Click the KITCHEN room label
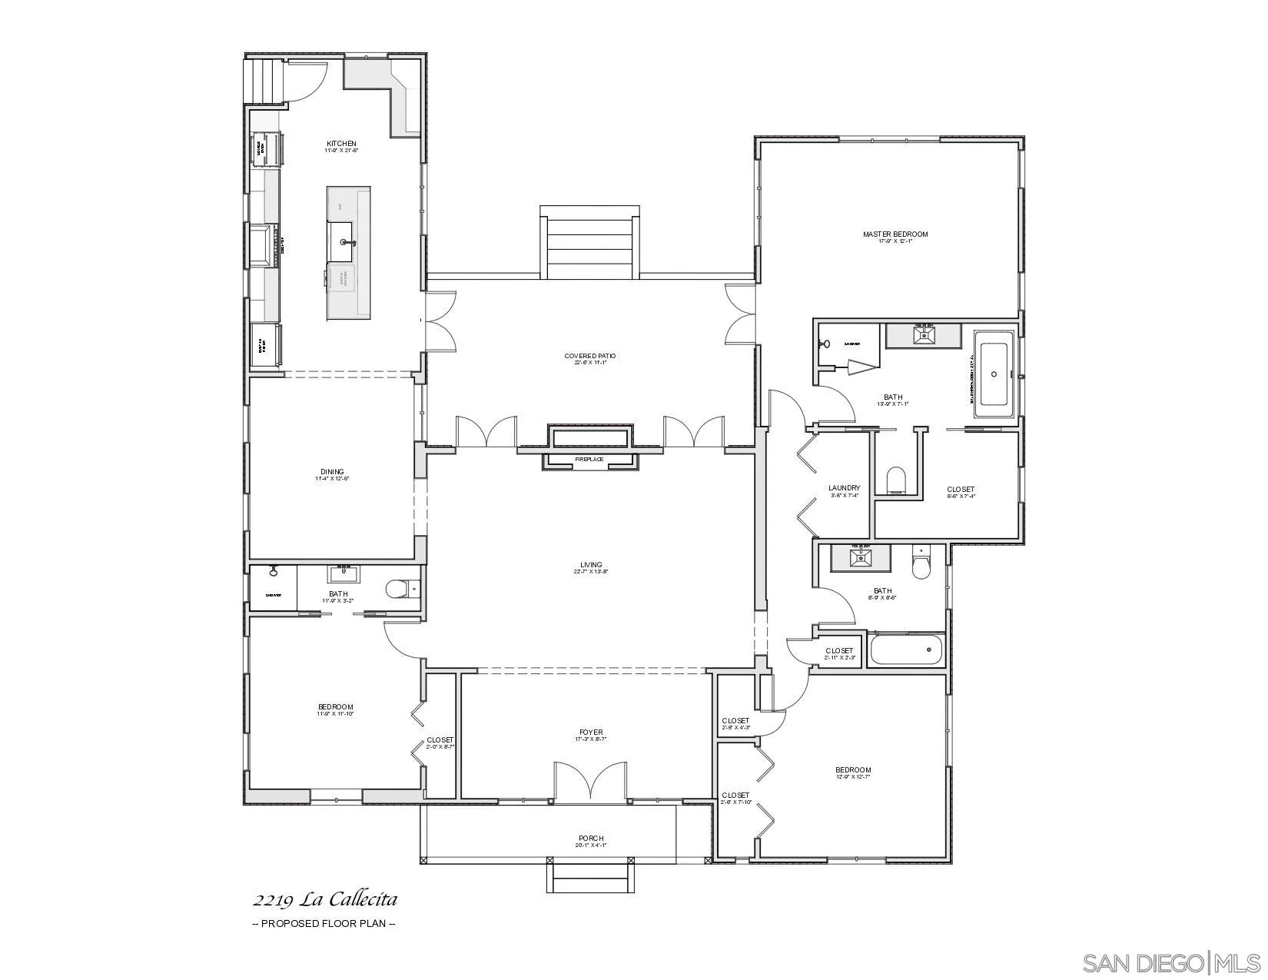[341, 144]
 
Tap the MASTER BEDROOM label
[895, 234]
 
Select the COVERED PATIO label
[589, 356]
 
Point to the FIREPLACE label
[589, 460]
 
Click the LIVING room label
[591, 565]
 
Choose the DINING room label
[332, 472]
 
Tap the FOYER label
[591, 733]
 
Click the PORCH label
[591, 839]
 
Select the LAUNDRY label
[844, 488]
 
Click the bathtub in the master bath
[994, 374]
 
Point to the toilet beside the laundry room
[897, 481]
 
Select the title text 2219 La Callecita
[325, 899]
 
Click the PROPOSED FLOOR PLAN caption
[324, 924]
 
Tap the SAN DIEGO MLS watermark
[1171, 962]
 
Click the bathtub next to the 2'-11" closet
[907, 649]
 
